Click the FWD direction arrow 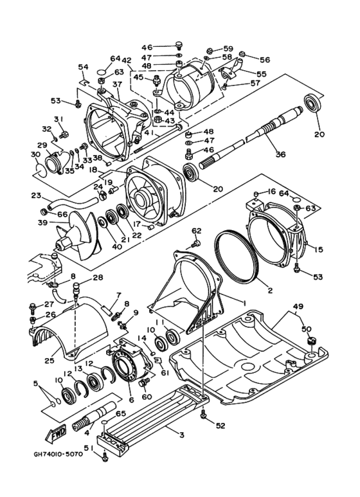click(56, 433)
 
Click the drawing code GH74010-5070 click(59, 454)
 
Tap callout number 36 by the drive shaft click(280, 154)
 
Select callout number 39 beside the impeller click(42, 222)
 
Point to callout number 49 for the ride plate click(298, 307)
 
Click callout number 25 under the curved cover click(50, 360)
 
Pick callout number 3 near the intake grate click(181, 435)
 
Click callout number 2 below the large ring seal click(270, 290)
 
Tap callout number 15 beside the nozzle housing click(318, 249)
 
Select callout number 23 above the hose click(37, 195)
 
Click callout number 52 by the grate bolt click(221, 426)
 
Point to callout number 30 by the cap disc click(35, 154)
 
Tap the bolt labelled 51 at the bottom click(105, 457)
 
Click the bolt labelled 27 click(32, 307)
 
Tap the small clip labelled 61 click(157, 360)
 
